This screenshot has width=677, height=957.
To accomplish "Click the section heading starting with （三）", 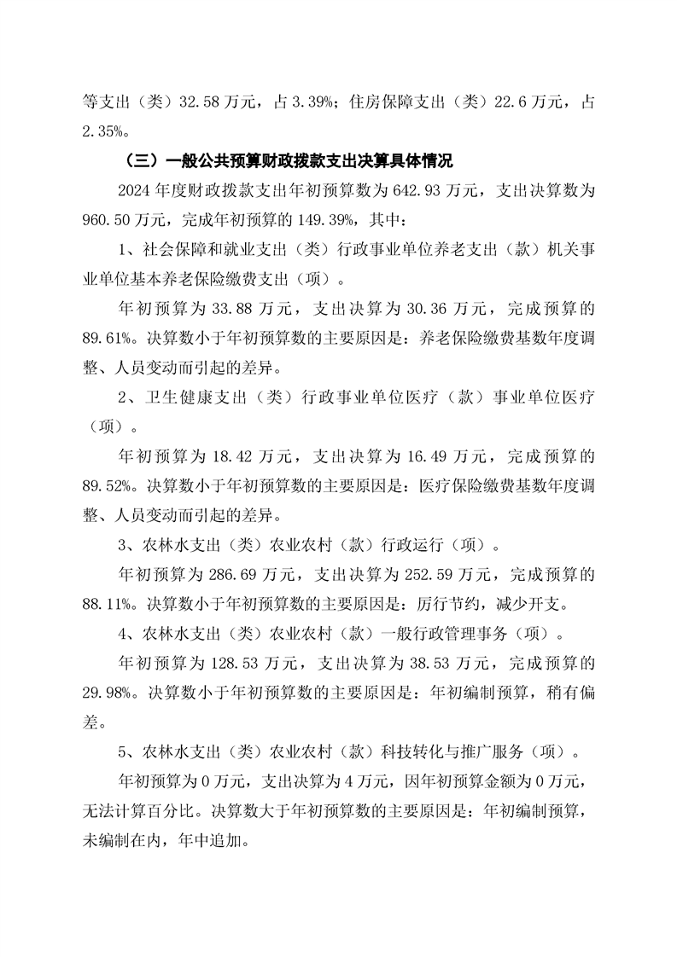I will [x=288, y=159].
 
